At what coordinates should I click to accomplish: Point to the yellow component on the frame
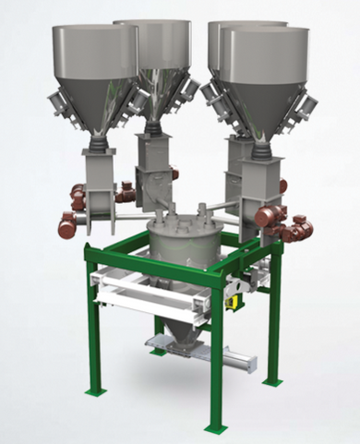point(234,298)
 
